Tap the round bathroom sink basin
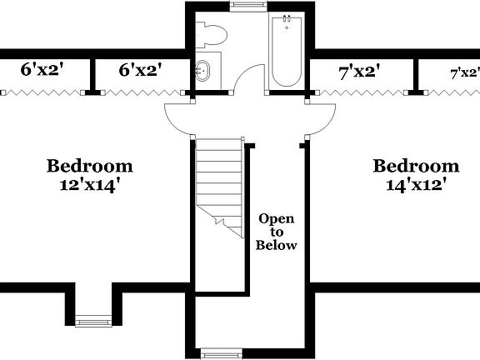tap(202, 70)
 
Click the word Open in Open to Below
tap(277, 218)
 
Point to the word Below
tap(277, 246)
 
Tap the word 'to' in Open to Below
tap(277, 232)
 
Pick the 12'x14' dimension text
tap(89, 185)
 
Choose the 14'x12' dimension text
tap(415, 185)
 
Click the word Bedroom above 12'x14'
tap(89, 166)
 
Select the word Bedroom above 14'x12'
tap(415, 166)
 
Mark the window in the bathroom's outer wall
tap(244, 4)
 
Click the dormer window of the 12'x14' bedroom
tap(93, 320)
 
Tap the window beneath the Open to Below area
tap(222, 353)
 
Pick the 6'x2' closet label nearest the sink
tap(140, 70)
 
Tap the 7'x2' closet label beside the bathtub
tap(359, 71)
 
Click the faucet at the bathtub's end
tap(286, 21)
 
